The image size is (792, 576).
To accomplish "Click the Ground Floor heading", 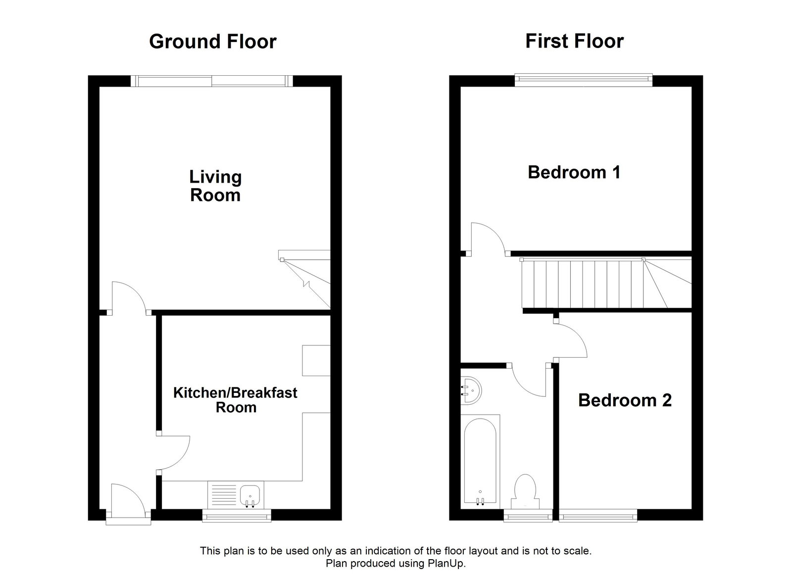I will click(212, 42).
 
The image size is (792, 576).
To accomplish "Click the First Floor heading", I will click(574, 41).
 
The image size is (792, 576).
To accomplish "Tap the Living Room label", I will click(215, 186).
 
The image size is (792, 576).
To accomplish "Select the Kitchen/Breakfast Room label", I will click(235, 400).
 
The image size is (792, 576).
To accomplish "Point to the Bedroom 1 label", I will click(574, 172).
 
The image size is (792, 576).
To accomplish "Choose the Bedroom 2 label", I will click(625, 400).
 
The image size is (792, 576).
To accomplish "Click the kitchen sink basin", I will click(250, 493).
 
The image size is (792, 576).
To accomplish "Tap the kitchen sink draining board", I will click(224, 494).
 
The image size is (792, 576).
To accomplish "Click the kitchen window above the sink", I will click(237, 517).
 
